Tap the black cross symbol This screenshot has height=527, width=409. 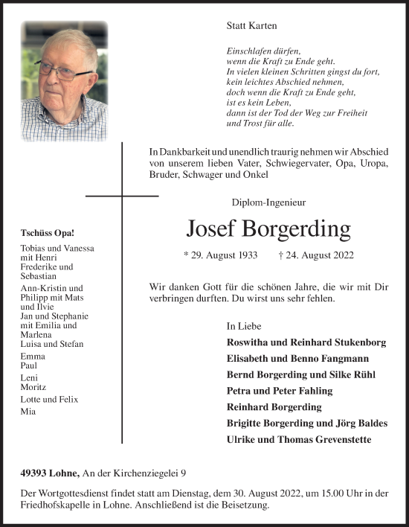tap(123, 196)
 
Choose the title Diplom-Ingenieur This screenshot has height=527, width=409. tap(268, 202)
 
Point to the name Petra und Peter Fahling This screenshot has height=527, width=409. tap(280, 391)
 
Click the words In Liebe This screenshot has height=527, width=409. tap(244, 326)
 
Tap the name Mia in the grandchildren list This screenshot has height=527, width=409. tap(29, 411)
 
